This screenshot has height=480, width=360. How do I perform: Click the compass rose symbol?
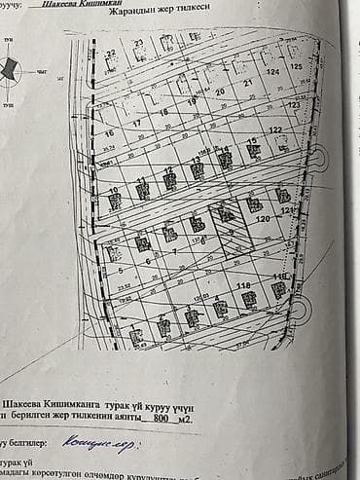(12, 69)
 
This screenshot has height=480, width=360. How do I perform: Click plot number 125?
(296, 65)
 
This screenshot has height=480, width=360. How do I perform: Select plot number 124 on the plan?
(272, 72)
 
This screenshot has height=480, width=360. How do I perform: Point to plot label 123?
(293, 104)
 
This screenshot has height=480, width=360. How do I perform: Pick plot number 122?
(275, 129)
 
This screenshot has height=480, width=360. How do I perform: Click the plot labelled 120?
(262, 220)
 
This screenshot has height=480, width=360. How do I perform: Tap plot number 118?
(242, 285)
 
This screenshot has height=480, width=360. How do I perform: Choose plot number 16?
(109, 132)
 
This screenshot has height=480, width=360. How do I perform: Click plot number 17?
(136, 124)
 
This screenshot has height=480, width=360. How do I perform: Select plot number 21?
(248, 84)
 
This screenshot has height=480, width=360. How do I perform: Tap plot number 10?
(114, 191)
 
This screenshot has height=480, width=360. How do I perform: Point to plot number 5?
(119, 272)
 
